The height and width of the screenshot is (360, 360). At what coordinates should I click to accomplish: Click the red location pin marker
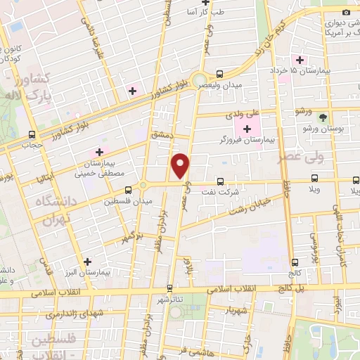point(181,166)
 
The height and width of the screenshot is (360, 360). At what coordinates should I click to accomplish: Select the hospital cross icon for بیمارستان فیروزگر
point(247,129)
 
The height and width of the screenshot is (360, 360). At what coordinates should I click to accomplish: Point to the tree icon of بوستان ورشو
point(323,117)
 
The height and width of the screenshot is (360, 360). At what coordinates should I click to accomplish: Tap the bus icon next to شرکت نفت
point(220,181)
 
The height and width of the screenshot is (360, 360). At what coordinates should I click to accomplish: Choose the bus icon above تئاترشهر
point(169,288)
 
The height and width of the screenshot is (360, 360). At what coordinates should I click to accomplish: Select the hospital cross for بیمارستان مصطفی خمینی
point(100,151)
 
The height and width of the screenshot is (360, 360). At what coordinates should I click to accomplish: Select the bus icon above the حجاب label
point(31,134)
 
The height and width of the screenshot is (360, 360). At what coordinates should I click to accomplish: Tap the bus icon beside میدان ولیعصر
point(220,73)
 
